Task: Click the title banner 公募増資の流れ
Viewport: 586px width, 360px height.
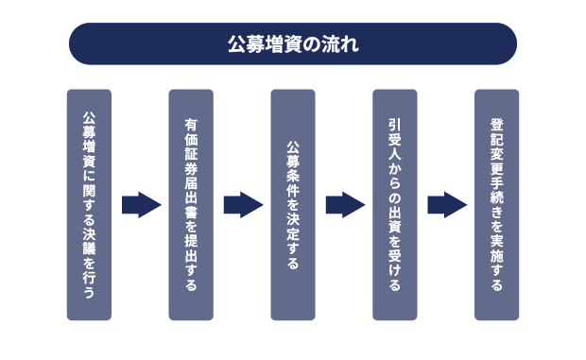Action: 293,44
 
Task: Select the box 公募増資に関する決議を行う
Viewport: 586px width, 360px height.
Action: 89,204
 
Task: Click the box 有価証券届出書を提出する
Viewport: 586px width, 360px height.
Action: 191,204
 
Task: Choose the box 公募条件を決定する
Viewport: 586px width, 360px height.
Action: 293,204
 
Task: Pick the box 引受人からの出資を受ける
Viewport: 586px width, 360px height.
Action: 394,204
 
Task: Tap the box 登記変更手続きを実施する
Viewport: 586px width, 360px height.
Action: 496,204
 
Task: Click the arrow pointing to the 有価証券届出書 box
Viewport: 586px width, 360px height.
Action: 142,204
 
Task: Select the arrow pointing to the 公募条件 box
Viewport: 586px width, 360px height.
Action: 243,204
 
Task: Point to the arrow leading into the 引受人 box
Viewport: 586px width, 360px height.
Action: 345,204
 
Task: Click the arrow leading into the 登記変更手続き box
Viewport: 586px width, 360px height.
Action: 446,204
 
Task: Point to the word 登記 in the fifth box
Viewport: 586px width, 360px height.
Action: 496,129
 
